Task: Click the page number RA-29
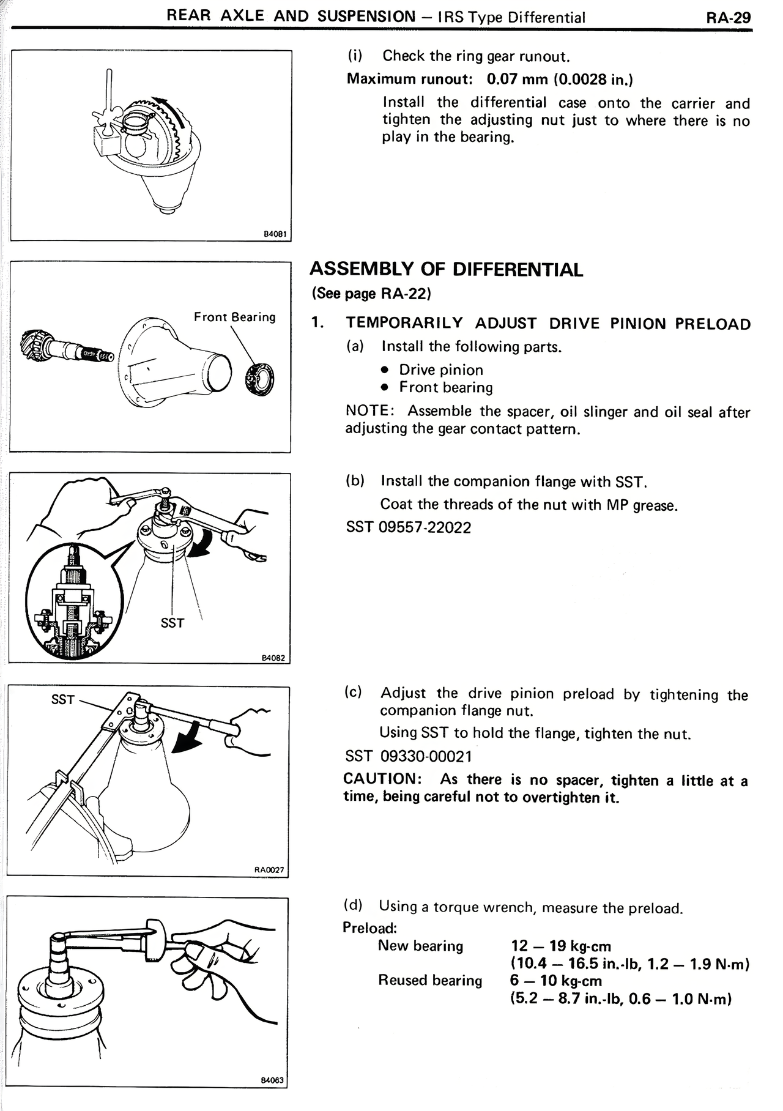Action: [728, 17]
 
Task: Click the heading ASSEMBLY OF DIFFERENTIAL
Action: [446, 270]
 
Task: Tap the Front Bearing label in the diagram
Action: [235, 317]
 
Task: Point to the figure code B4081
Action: [275, 234]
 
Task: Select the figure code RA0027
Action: [269, 869]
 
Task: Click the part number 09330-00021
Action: [426, 757]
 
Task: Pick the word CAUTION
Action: [380, 779]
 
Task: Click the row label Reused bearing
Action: [430, 981]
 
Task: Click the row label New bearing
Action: [420, 946]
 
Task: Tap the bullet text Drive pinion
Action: [440, 370]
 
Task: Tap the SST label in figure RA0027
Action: [63, 699]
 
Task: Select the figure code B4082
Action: [273, 658]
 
